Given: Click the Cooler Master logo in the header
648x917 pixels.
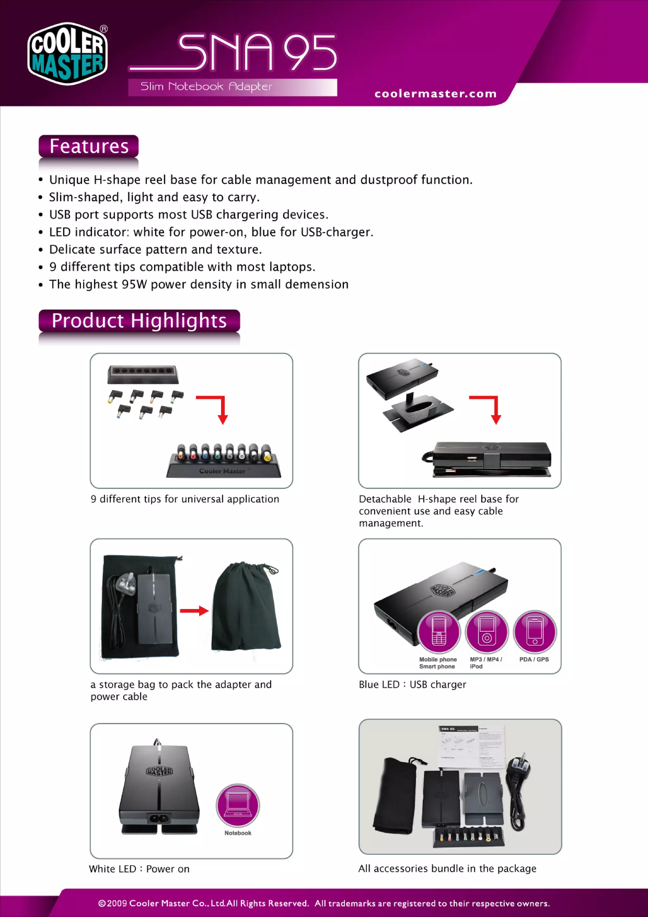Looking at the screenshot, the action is click(x=67, y=53).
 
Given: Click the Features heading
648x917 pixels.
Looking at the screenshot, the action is click(x=89, y=146).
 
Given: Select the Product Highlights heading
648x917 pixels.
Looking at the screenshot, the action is click(x=139, y=321).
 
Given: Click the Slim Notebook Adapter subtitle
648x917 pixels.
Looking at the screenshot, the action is click(x=206, y=87).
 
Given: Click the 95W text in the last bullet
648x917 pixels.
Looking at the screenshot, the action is click(x=134, y=284).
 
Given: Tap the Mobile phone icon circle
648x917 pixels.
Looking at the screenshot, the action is click(x=439, y=631).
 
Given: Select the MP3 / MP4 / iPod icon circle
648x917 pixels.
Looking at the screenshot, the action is click(x=487, y=631).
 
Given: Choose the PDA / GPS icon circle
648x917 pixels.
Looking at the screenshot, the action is click(x=535, y=631).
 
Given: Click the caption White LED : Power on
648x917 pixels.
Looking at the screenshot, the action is click(x=139, y=869).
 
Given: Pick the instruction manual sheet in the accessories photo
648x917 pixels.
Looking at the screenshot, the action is click(x=471, y=747).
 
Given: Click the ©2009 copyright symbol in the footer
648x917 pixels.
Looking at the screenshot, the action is click(x=102, y=903).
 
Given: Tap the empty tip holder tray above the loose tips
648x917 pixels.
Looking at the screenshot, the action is click(x=142, y=374).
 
